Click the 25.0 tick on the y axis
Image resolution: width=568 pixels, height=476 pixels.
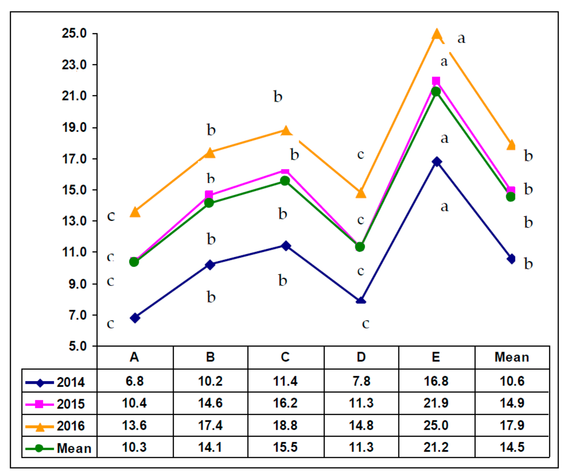click(x=74, y=34)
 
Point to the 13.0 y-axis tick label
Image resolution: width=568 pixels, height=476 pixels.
click(x=74, y=221)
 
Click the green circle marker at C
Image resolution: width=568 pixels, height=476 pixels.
click(x=285, y=181)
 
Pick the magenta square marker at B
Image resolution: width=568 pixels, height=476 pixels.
click(x=209, y=194)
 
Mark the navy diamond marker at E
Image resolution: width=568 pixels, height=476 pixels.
click(x=436, y=162)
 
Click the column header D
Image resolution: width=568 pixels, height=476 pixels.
click(x=361, y=357)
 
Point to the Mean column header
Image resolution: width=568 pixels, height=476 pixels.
click(x=512, y=357)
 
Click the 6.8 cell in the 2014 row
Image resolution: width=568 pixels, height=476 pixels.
click(x=134, y=381)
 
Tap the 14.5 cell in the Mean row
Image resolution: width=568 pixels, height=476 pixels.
click(x=512, y=447)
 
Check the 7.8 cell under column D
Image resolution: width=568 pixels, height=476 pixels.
click(x=361, y=381)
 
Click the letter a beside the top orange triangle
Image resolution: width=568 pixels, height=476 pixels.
click(x=461, y=39)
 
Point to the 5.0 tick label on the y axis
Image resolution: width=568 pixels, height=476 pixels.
click(x=77, y=346)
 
